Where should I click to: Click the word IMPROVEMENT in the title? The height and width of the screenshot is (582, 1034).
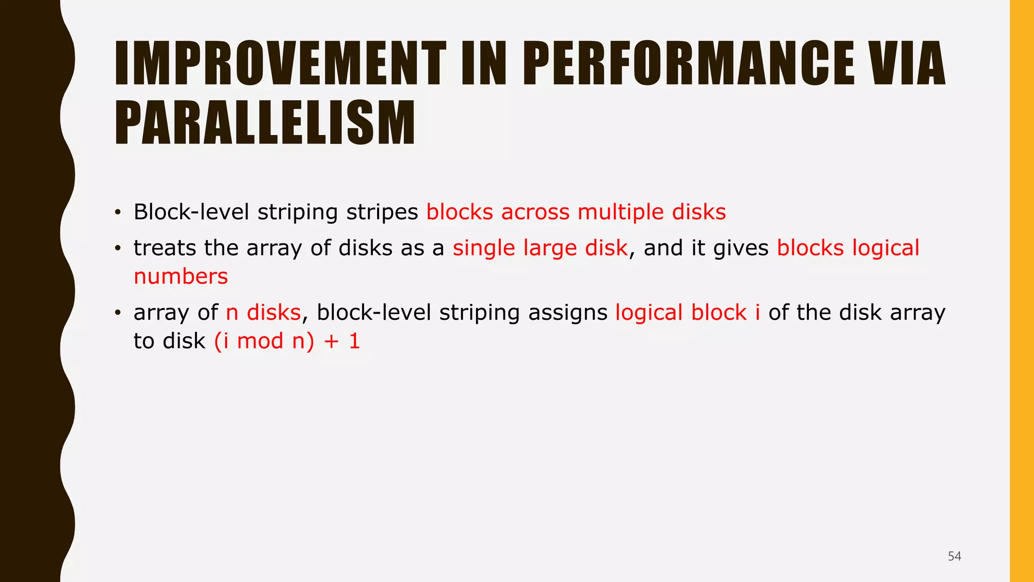pyautogui.click(x=280, y=64)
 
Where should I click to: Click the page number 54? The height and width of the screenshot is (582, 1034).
pyautogui.click(x=954, y=556)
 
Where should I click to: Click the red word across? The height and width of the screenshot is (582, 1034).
pyautogui.click(x=535, y=212)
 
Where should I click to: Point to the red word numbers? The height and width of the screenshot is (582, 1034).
pyautogui.click(x=181, y=276)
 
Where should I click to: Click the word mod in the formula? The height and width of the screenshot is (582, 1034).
pyautogui.click(x=260, y=341)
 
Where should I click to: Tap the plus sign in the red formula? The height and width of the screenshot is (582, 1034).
pyautogui.click(x=332, y=341)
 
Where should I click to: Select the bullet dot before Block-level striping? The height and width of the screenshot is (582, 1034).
pyautogui.click(x=118, y=213)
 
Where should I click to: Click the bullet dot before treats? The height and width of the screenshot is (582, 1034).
pyautogui.click(x=118, y=249)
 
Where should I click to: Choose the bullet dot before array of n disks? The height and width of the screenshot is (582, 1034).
pyautogui.click(x=118, y=313)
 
